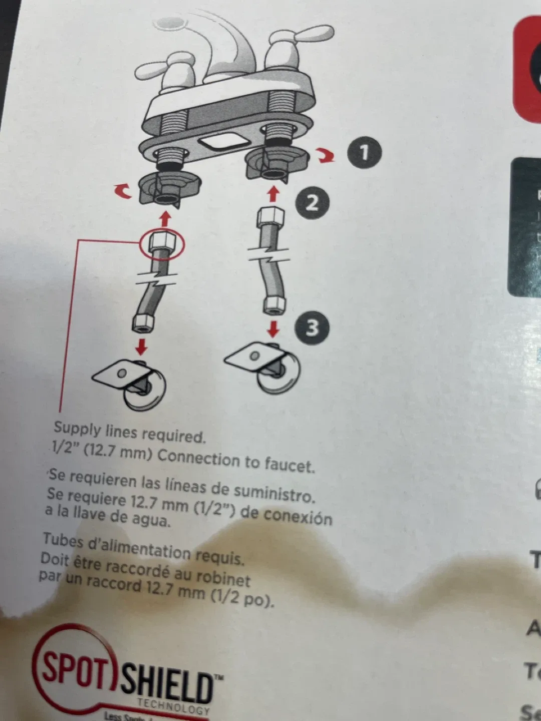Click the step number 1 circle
pyautogui.click(x=364, y=152)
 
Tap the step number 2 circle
pyautogui.click(x=312, y=203)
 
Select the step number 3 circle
pyautogui.click(x=312, y=328)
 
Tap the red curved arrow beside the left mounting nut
pyautogui.click(x=122, y=191)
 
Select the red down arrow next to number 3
pyautogui.click(x=273, y=328)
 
